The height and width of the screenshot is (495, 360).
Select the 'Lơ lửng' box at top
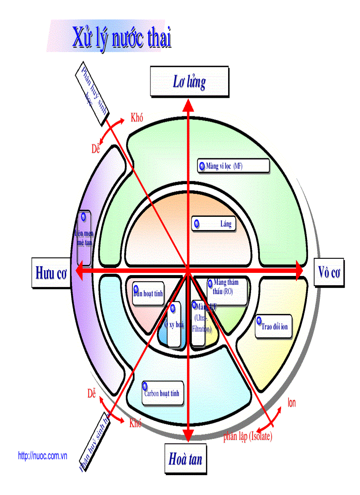click(x=189, y=82)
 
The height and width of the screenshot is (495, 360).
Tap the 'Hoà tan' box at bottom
click(x=185, y=459)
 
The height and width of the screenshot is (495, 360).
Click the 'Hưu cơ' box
click(x=51, y=273)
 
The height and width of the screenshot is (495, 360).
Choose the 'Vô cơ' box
click(x=329, y=273)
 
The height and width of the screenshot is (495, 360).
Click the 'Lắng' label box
click(x=214, y=224)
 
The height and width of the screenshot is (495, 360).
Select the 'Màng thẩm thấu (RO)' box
click(x=227, y=291)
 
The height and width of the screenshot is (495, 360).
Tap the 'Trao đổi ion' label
click(x=274, y=327)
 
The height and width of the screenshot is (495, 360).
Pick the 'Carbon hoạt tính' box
click(x=162, y=393)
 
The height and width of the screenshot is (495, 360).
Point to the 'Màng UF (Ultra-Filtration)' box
click(x=199, y=323)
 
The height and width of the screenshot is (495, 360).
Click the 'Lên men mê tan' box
click(x=84, y=237)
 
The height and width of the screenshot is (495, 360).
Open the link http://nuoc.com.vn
click(x=42, y=456)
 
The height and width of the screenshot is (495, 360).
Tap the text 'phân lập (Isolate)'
click(x=247, y=436)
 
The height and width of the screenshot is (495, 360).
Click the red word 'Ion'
click(x=292, y=402)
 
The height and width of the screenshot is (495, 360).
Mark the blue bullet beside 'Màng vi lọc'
click(x=202, y=166)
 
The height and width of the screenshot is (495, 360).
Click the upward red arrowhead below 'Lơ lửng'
click(x=188, y=105)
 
